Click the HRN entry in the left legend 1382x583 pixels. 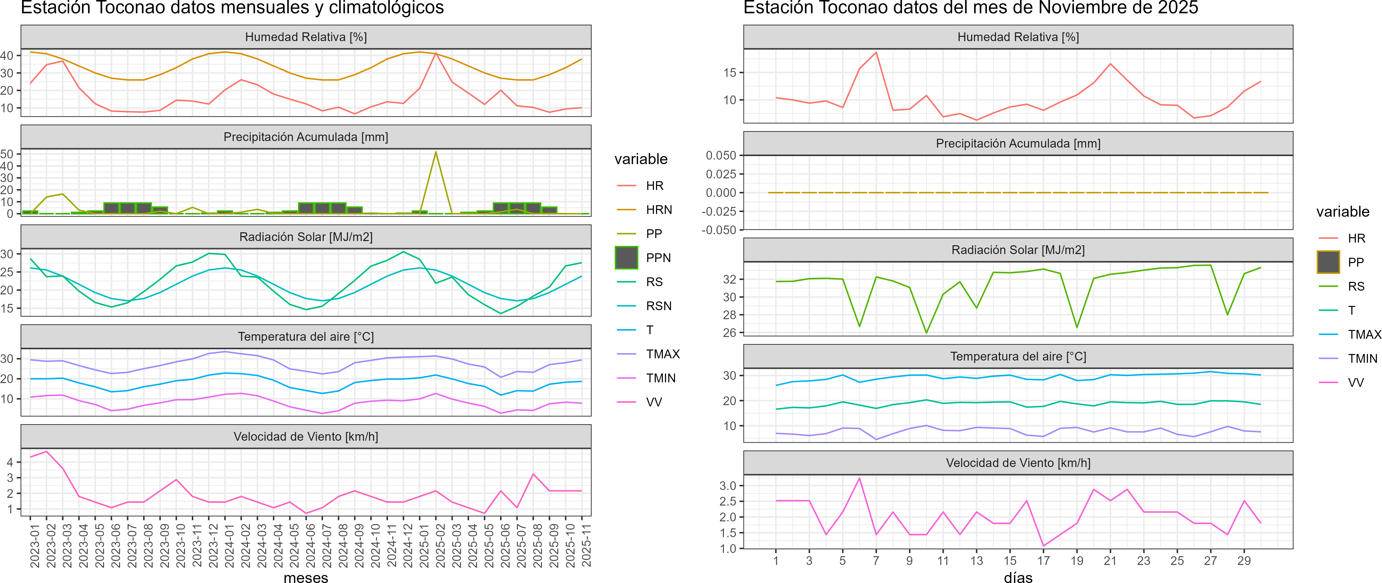point(659,210)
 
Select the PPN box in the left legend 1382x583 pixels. point(626,258)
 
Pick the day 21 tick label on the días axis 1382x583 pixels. point(1110,560)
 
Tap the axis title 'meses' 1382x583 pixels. point(306,577)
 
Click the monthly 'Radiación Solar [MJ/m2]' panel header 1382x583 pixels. point(306,237)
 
